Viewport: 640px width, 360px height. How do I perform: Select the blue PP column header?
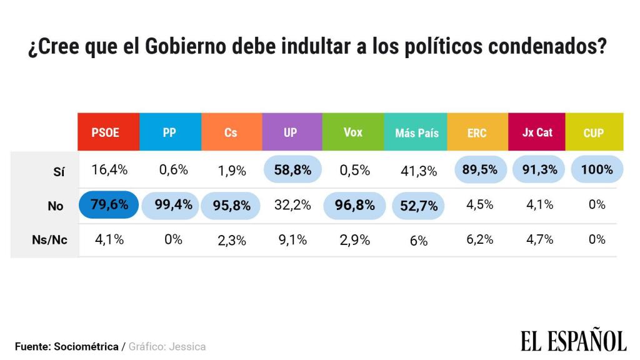(170, 132)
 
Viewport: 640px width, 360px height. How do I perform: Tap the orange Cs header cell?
(231, 132)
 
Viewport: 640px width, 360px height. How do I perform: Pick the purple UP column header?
(291, 132)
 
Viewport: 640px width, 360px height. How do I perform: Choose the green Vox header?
(353, 132)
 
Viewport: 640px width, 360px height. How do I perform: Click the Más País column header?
(417, 132)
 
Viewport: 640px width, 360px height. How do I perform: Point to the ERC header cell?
(477, 132)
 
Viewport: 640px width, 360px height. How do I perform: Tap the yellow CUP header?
(593, 132)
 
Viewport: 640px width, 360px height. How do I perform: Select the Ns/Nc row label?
(49, 241)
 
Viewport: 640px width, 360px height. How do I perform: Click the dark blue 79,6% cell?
(109, 204)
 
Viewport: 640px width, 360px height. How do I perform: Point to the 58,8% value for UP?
(292, 170)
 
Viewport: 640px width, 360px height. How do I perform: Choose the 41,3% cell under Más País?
(418, 171)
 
